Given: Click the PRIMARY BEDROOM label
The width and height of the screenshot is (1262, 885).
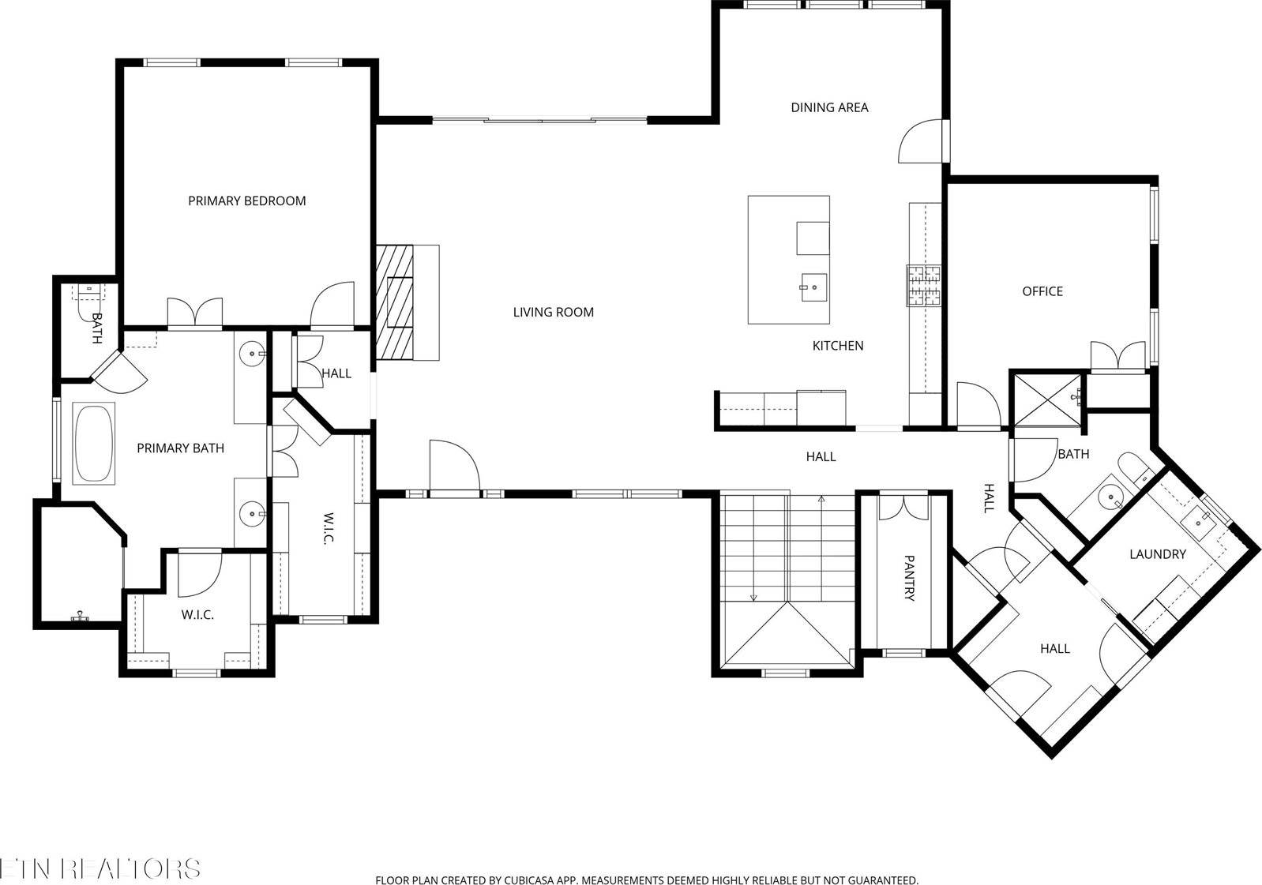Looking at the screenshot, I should [x=246, y=201].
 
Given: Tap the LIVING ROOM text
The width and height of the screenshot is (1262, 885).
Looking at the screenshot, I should [x=553, y=312].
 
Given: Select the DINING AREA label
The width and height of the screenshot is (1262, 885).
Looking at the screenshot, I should [x=829, y=107].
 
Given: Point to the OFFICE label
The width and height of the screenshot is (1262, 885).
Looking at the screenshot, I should [x=1042, y=291].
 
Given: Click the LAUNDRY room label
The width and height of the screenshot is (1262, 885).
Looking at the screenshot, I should [x=1157, y=554].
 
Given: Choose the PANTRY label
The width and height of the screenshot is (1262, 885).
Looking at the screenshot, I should [x=908, y=578].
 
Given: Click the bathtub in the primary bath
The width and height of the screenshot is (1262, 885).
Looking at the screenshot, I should [x=94, y=443].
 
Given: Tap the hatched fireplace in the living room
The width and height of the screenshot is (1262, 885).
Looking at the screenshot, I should [x=395, y=302].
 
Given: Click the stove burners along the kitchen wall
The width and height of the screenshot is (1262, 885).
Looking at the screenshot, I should [x=924, y=286].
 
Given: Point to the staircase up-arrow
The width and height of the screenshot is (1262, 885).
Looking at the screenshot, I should [x=821, y=500].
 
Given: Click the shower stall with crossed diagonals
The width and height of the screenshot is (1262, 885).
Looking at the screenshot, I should [x=1047, y=400].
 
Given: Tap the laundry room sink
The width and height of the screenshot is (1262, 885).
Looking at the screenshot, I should [x=1200, y=519].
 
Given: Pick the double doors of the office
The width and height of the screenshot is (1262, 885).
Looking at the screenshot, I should [x=1117, y=356].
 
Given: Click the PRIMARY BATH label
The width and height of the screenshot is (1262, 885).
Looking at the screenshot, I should [x=180, y=448].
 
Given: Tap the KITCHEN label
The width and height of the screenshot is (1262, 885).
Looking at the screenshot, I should [x=838, y=346].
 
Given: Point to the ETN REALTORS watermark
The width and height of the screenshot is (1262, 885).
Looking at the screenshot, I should [x=100, y=868].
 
